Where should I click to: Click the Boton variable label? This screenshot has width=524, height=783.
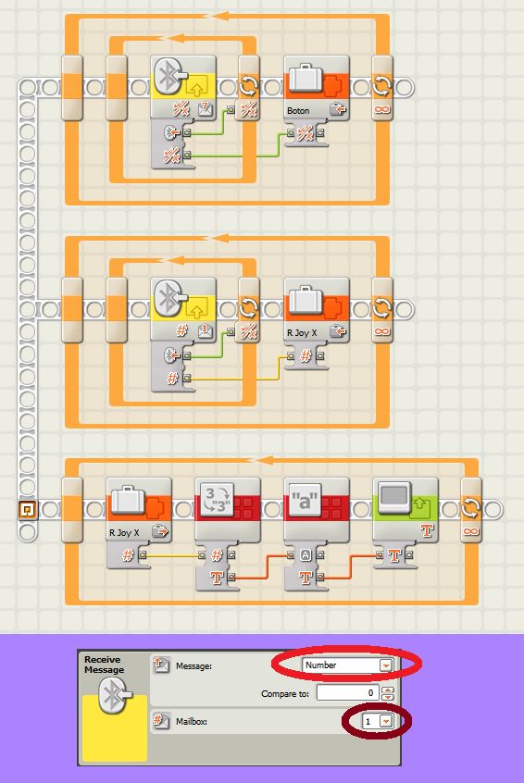[x=298, y=110]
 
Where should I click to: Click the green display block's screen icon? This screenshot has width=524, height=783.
[x=394, y=497]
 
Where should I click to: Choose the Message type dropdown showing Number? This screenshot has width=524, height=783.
[x=348, y=665]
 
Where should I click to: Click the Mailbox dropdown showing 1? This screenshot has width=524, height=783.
[x=377, y=721]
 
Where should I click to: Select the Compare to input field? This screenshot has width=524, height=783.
[x=346, y=692]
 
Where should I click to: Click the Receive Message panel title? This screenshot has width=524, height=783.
[x=104, y=665]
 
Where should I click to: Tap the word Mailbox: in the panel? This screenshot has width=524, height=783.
[x=192, y=722]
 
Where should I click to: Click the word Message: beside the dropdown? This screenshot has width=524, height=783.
[x=193, y=665]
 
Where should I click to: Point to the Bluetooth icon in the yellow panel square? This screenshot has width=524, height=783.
[x=116, y=696]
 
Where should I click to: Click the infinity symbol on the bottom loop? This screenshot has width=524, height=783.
[x=470, y=531]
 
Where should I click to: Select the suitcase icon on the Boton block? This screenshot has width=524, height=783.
[x=306, y=78]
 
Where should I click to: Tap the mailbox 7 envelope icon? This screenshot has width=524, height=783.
[x=206, y=108]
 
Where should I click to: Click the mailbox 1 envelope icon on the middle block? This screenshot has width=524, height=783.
[x=206, y=330]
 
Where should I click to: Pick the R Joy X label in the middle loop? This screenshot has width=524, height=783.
[x=302, y=332]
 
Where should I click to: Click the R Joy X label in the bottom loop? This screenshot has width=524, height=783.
[x=124, y=533]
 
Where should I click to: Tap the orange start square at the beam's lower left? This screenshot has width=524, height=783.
[x=27, y=510]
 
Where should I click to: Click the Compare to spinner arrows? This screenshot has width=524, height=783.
[x=388, y=693]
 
